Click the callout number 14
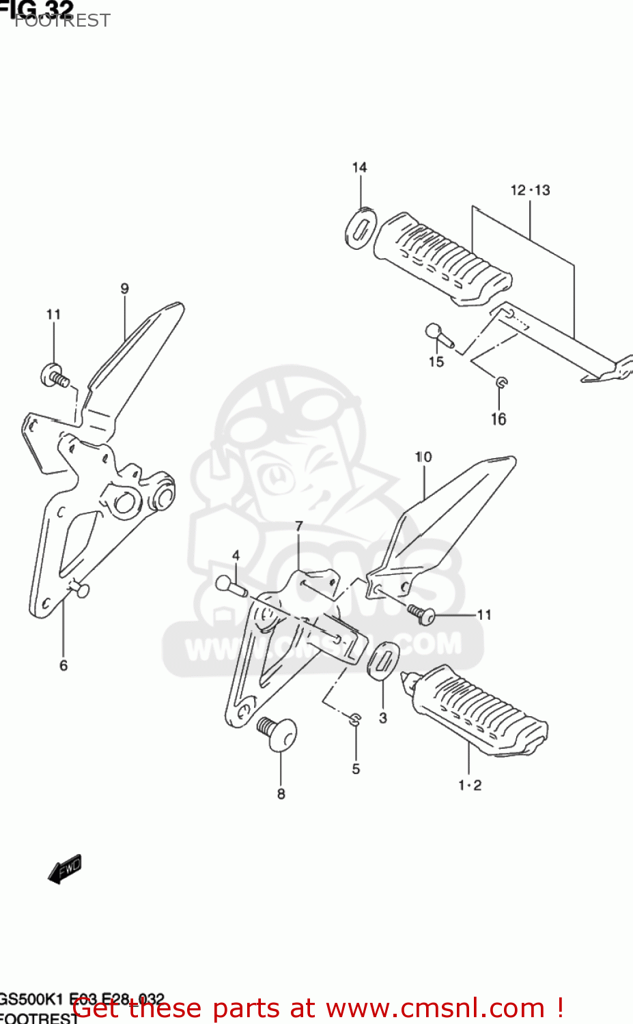click(359, 167)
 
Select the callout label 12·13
click(530, 190)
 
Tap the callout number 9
click(124, 289)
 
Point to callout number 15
click(436, 362)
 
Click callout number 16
click(498, 419)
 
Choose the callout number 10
click(423, 457)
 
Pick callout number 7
click(299, 526)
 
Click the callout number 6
click(64, 666)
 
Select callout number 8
click(281, 794)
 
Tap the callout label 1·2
click(470, 786)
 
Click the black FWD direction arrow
click(65, 870)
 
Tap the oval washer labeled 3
click(384, 660)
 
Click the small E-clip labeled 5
click(354, 719)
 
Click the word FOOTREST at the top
click(62, 20)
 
